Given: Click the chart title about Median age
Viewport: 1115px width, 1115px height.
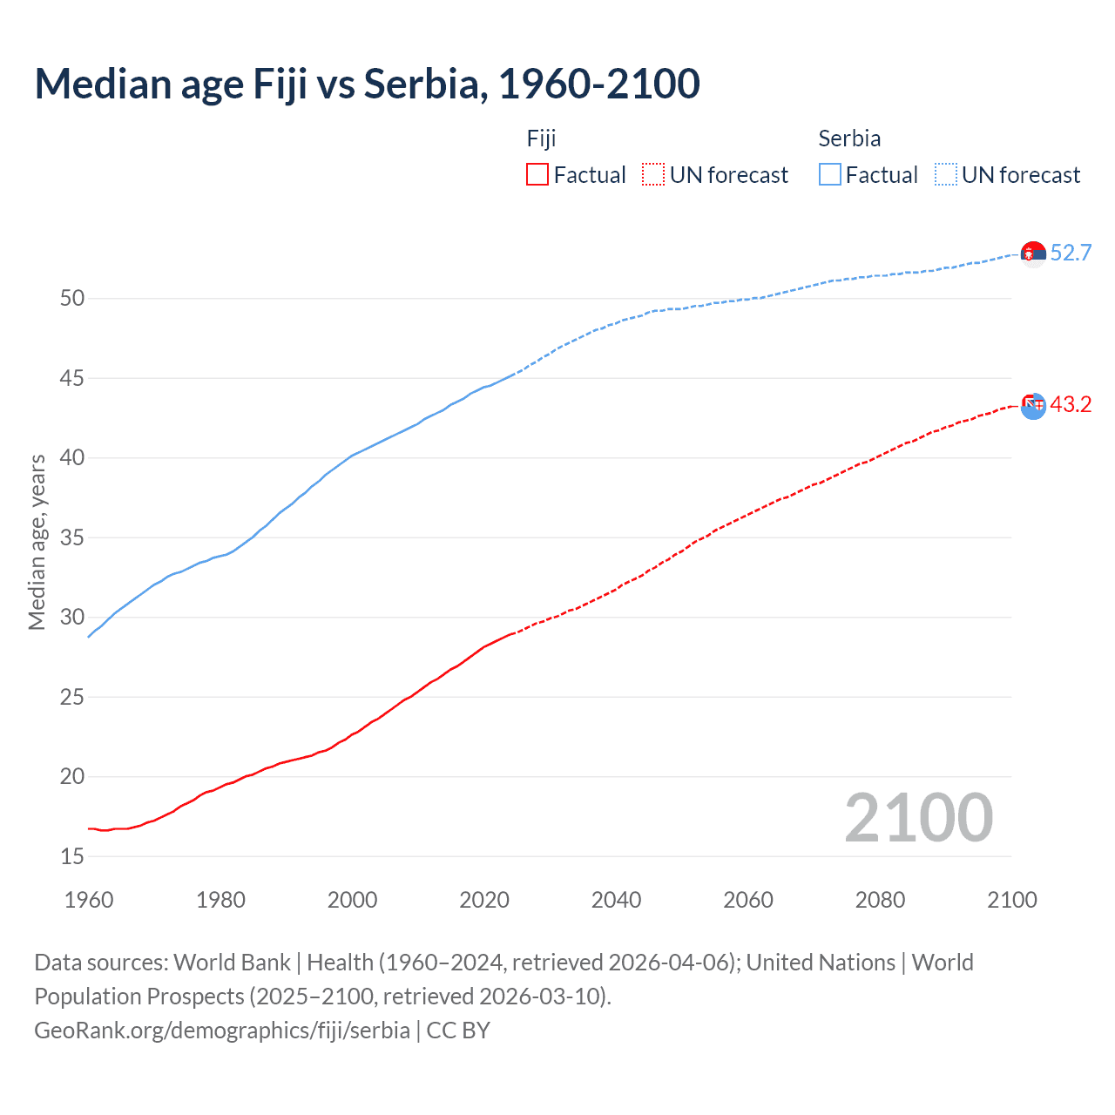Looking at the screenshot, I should (x=367, y=84).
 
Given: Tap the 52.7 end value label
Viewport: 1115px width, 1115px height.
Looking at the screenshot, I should (x=1071, y=253).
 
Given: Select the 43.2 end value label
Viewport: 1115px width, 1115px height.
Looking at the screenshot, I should (x=1071, y=404).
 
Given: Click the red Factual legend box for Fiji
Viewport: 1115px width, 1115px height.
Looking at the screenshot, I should (x=537, y=174).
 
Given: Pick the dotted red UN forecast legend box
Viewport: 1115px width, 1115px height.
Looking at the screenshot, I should (x=653, y=174).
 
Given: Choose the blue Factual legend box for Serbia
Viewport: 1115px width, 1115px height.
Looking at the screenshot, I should (x=830, y=174).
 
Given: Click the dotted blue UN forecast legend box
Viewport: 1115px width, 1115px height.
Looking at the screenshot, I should (x=946, y=174).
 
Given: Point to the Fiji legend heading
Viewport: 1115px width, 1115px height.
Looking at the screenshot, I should (x=541, y=139).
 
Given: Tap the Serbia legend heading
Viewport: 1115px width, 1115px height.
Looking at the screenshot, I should (x=849, y=139).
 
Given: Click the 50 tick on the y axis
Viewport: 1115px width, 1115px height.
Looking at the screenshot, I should (x=72, y=298).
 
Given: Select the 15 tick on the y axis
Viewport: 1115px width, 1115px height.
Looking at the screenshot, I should (x=72, y=856).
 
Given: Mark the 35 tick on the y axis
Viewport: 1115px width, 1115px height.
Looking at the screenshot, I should (x=72, y=537).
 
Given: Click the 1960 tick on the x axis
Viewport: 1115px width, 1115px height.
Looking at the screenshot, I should (x=89, y=900).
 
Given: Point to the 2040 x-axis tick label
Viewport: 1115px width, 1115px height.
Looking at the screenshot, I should (x=616, y=900).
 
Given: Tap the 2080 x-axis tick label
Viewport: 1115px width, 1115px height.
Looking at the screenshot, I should (x=880, y=900).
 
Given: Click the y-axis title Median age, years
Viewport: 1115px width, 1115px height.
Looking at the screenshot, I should (x=37, y=542).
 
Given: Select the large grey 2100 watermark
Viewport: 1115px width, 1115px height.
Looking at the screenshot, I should (x=918, y=817).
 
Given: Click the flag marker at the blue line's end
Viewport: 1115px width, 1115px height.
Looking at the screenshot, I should (x=1033, y=253).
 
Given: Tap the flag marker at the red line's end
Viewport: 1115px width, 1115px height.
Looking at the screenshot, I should (x=1033, y=405).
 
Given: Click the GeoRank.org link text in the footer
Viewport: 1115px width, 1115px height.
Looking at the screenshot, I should (x=222, y=1030).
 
